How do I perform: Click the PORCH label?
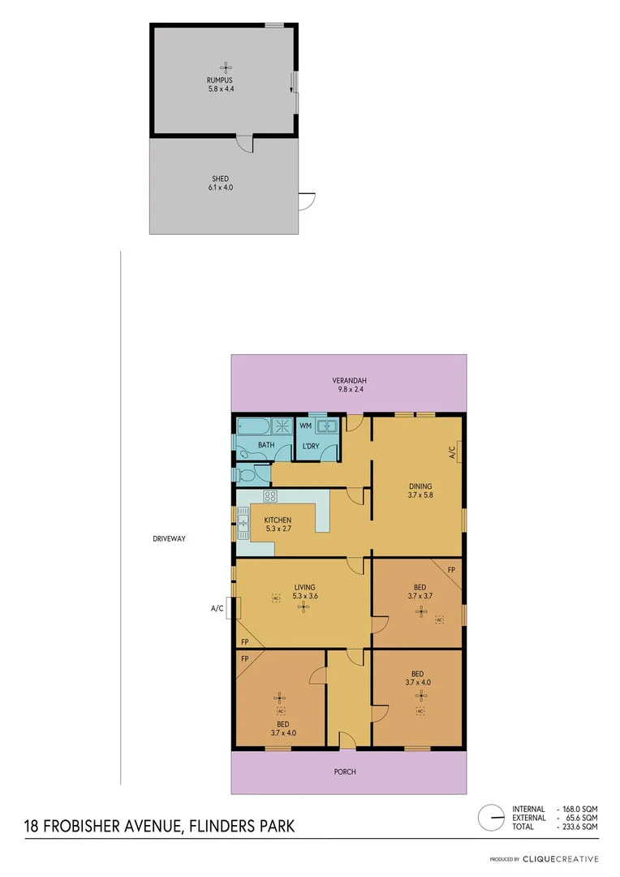point(345,771)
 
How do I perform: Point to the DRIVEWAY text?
point(169,539)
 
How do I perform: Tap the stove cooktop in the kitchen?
point(270,496)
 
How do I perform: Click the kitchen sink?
point(243,525)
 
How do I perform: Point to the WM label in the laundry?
point(306,425)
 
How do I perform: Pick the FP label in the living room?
point(244,642)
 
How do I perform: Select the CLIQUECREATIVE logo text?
point(560,858)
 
